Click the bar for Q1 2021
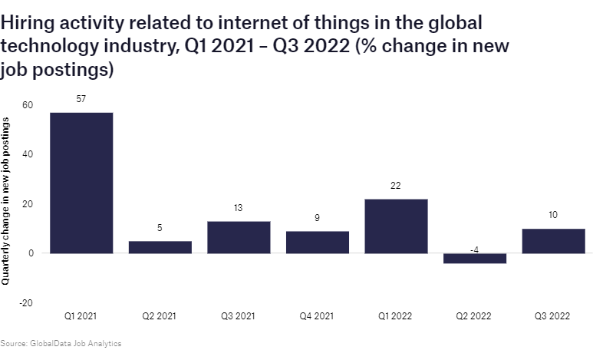point(81,183)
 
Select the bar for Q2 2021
point(160,247)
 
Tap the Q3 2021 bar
point(239,237)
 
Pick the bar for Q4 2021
point(318,242)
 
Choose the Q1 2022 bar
point(396,226)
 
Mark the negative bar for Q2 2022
point(475,259)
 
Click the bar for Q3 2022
point(553,240)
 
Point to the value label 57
point(81,100)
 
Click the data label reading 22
point(396,186)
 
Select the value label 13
point(239,208)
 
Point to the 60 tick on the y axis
point(28,105)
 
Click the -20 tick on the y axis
point(26,302)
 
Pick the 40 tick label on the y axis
point(28,154)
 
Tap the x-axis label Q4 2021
point(318,315)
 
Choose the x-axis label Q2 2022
point(475,315)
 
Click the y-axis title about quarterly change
point(7,203)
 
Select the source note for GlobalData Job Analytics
point(61,343)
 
